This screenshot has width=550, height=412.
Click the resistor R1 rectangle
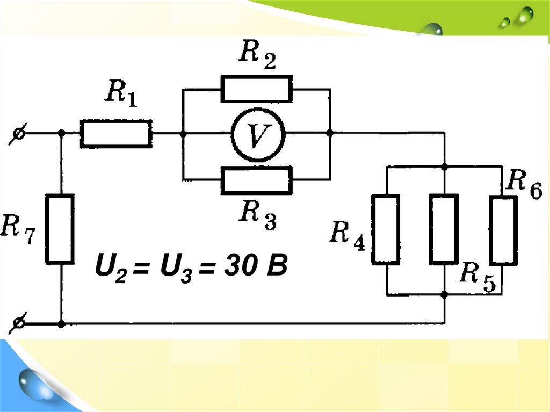116,134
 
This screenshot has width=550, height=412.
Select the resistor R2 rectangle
256,89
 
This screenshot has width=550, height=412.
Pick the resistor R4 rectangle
386,229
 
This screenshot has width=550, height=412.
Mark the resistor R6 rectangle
503,230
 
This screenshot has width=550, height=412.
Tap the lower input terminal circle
18,323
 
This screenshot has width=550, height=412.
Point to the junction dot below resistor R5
444,294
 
